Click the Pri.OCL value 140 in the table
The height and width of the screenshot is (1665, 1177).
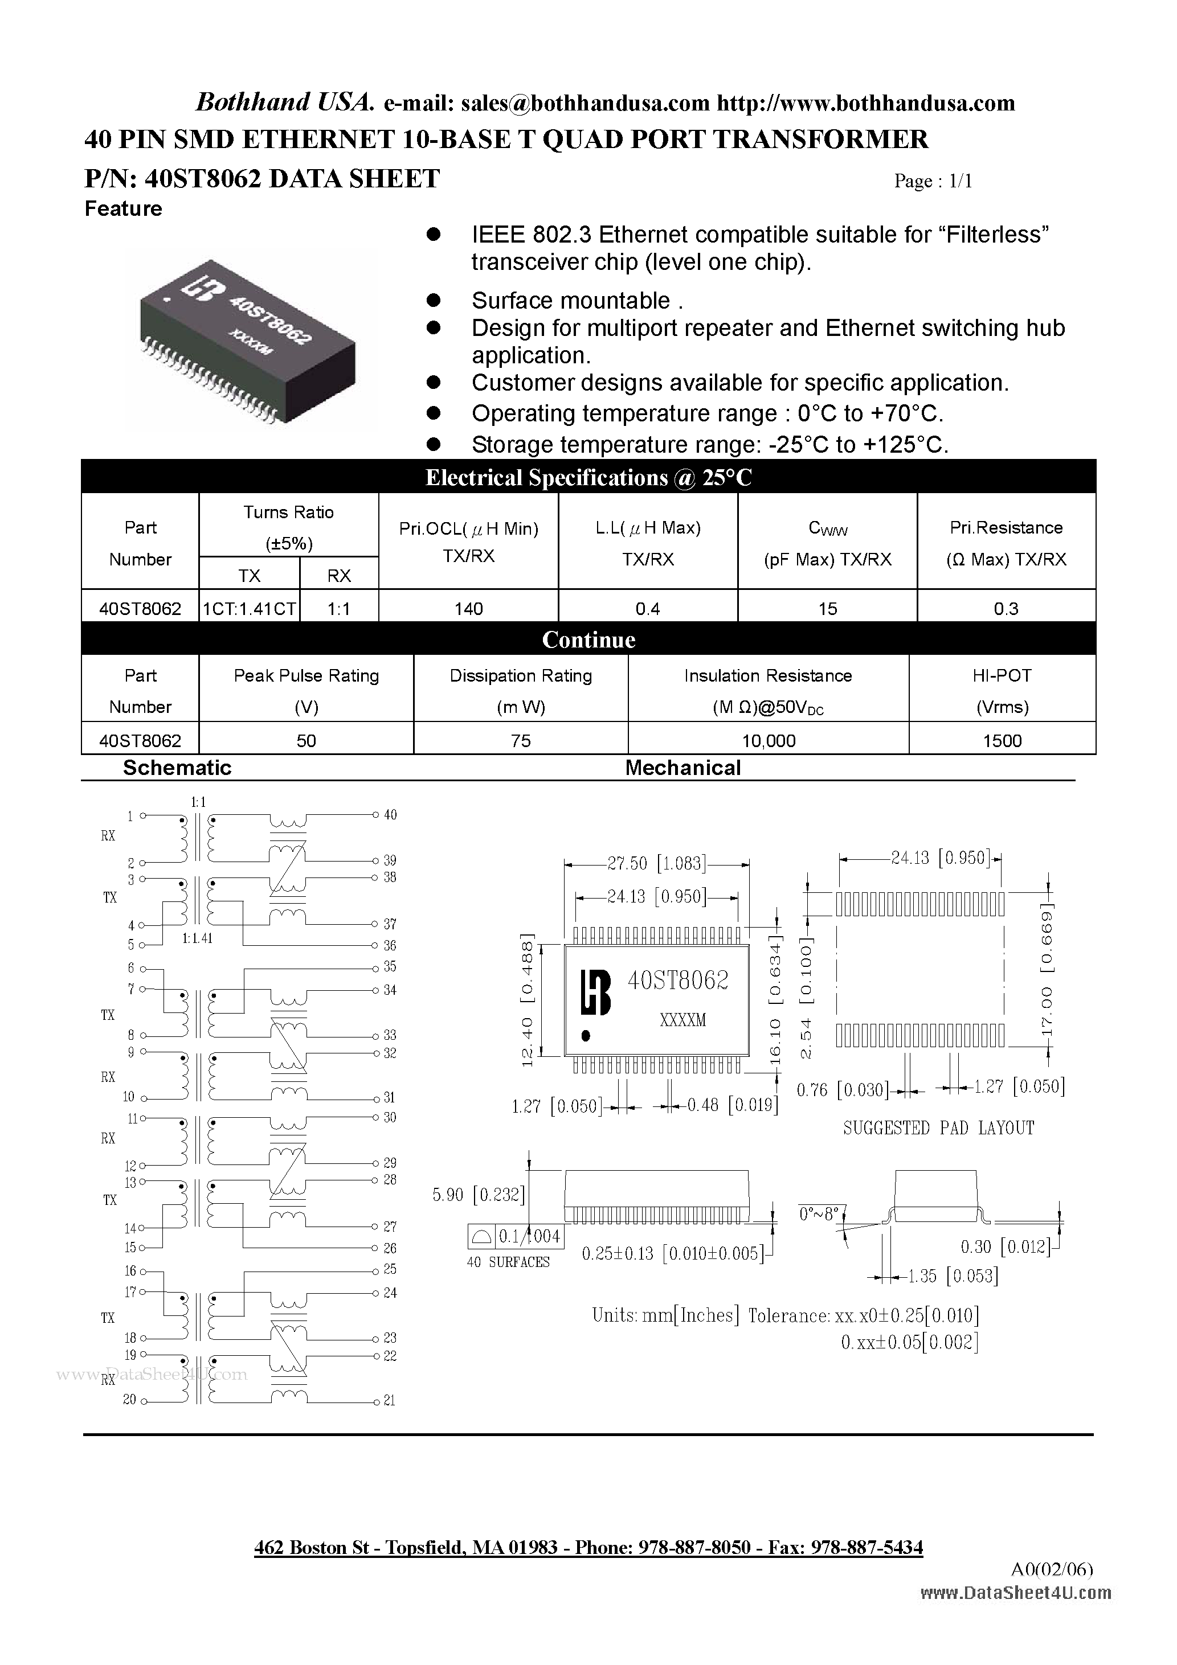pyautogui.click(x=468, y=608)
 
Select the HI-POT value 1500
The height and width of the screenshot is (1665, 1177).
pyautogui.click(x=1002, y=740)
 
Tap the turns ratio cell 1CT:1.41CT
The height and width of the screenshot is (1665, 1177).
pyautogui.click(x=249, y=608)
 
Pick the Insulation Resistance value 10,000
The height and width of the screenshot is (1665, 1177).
pyautogui.click(x=769, y=740)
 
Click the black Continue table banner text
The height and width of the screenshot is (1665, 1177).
pyautogui.click(x=588, y=639)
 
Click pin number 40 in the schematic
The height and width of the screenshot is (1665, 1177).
pyautogui.click(x=390, y=815)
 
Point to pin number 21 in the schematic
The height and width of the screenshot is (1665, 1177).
pyautogui.click(x=390, y=1400)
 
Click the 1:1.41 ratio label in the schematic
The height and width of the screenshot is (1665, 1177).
pyautogui.click(x=197, y=938)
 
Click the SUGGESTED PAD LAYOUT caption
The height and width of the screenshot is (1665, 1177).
pyautogui.click(x=938, y=1127)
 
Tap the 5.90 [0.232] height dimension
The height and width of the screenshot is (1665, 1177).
pyautogui.click(x=478, y=1194)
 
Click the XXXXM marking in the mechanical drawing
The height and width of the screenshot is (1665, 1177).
pyautogui.click(x=683, y=1020)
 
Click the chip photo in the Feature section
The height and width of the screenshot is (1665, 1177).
pyautogui.click(x=247, y=341)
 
